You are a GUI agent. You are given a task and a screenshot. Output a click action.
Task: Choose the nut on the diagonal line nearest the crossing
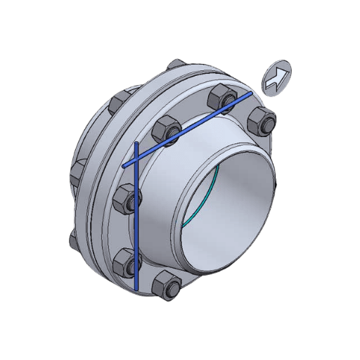coord(167,131)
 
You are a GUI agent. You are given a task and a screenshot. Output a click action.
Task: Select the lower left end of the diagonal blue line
coord(124,167)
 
